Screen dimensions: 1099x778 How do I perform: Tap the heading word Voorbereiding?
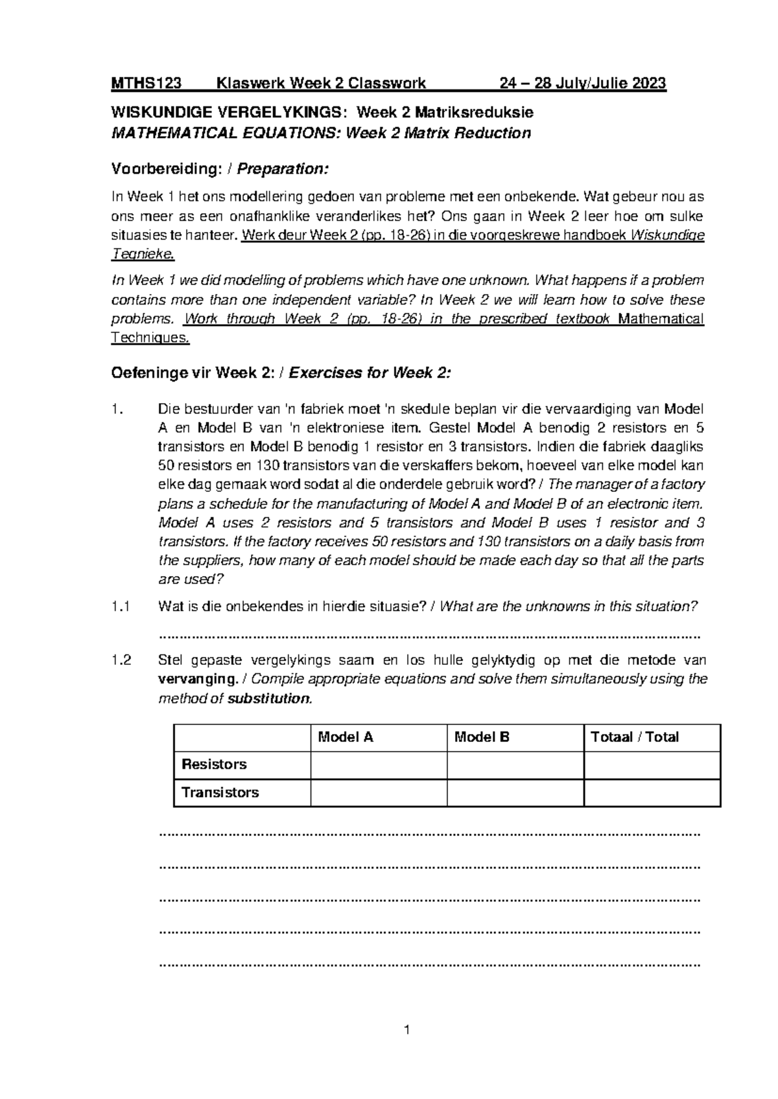click(163, 169)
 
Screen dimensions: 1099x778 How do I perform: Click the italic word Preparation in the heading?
click(282, 169)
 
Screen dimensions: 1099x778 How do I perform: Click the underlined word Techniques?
click(150, 338)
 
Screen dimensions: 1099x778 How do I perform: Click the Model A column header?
click(345, 737)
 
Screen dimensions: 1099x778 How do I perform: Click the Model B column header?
click(482, 737)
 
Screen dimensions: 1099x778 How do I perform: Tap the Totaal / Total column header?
click(634, 737)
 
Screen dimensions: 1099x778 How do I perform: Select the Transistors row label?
click(220, 792)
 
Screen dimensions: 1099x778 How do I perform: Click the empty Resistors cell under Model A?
click(379, 765)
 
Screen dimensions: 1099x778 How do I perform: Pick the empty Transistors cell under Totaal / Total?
click(652, 792)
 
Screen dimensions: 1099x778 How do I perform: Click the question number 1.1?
click(121, 607)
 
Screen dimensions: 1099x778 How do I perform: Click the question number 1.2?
click(121, 661)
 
